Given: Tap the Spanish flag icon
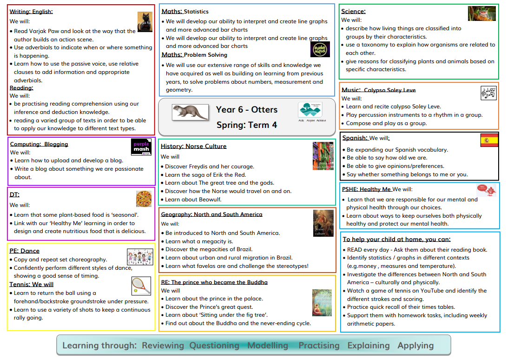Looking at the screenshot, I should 489,140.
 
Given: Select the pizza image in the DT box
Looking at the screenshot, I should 144,199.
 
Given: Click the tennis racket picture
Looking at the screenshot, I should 141,286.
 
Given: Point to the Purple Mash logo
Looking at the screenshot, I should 141,147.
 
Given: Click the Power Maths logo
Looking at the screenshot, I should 320,49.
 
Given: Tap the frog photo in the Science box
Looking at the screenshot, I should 481,13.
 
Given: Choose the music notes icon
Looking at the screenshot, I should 488,93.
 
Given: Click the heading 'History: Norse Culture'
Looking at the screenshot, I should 193,146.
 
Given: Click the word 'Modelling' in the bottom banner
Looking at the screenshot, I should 268,345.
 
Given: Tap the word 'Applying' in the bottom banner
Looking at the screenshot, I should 415,345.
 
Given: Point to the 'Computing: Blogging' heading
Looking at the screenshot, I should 39,144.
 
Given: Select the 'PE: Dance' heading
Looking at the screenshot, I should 25,251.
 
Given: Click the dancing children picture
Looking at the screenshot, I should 140,257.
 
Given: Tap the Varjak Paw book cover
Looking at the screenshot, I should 145,22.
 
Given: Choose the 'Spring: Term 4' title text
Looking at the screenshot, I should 246,125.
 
